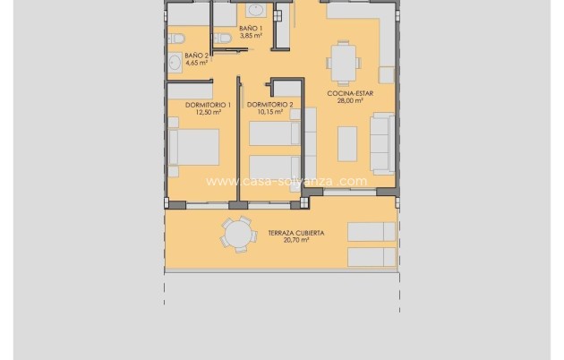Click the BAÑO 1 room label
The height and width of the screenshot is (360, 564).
(252, 29)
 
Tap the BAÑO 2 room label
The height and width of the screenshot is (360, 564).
(196, 56)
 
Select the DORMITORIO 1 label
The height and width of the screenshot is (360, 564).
(208, 105)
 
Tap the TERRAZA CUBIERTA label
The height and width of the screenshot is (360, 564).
(295, 232)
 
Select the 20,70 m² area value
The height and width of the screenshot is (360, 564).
(295, 240)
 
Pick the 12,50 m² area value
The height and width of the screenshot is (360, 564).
(208, 113)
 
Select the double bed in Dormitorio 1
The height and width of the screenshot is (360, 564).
(195, 148)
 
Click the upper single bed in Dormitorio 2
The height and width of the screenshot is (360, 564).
(274, 133)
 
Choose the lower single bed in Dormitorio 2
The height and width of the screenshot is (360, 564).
(274, 167)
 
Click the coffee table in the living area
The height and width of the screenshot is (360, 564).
(346, 143)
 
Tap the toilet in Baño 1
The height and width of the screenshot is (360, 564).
(220, 37)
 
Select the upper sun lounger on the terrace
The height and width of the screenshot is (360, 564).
(370, 231)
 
